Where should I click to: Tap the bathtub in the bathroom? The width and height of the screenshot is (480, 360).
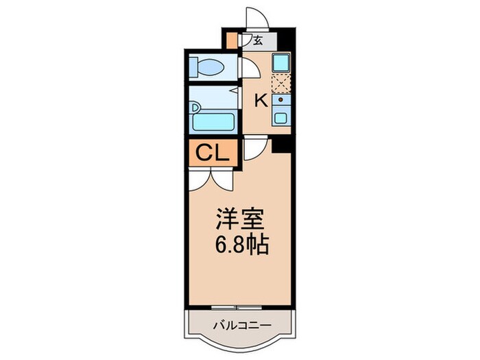(214, 123)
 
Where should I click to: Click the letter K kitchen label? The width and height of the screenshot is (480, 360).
(261, 101)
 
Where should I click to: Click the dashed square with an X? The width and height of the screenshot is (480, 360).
(281, 84)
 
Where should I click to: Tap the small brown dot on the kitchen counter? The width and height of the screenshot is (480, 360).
(280, 101)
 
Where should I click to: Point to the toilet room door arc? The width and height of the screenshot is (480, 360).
(247, 69)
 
